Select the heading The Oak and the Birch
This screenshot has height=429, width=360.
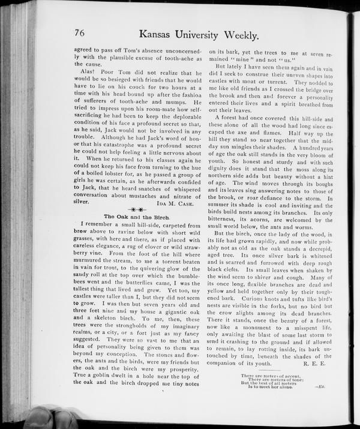(x=133, y=215)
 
